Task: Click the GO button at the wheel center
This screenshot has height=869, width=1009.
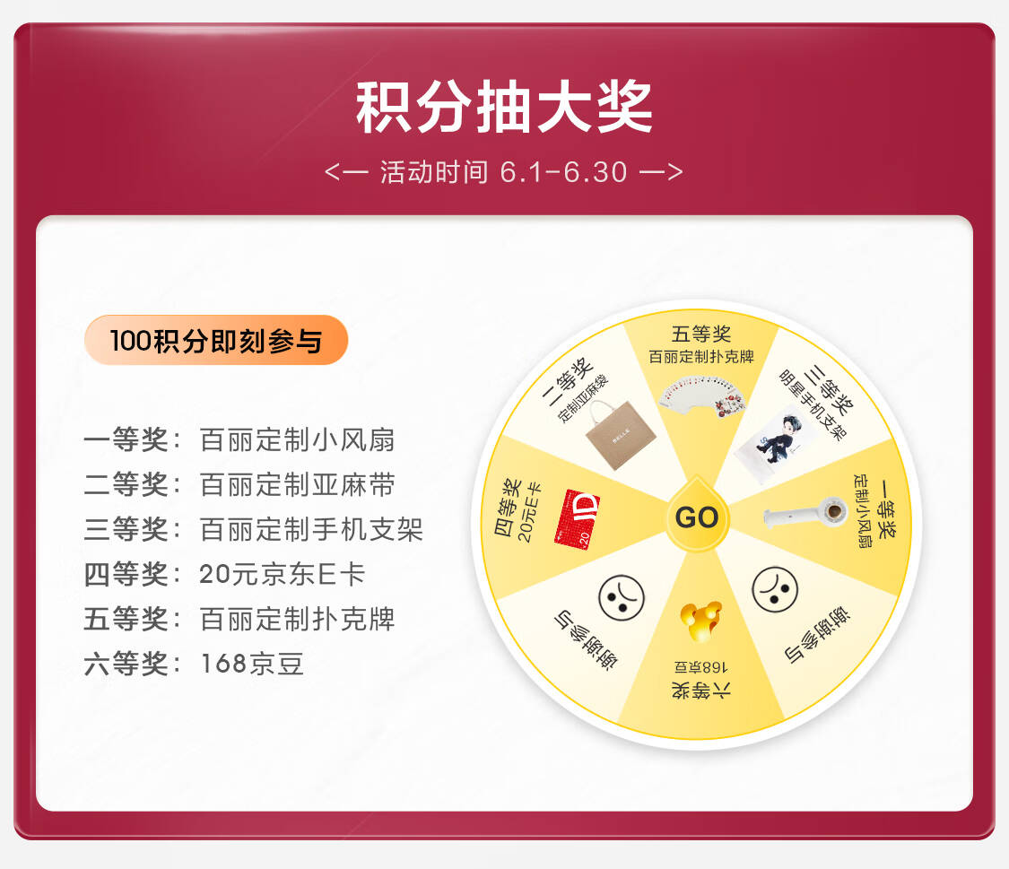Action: click(697, 516)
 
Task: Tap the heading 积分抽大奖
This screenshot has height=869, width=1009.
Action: click(504, 108)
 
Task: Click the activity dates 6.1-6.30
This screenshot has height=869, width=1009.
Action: click(563, 172)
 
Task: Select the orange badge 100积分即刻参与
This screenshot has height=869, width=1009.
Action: click(216, 340)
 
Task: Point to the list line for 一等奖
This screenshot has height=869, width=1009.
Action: click(239, 440)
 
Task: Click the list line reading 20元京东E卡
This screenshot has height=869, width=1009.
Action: click(224, 574)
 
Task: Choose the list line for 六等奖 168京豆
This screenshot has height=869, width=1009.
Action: click(194, 663)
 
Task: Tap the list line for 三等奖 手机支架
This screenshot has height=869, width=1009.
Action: click(253, 529)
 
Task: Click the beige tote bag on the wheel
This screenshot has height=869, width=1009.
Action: click(621, 435)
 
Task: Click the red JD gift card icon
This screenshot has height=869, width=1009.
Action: click(577, 518)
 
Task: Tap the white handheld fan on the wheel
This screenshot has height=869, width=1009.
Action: click(805, 513)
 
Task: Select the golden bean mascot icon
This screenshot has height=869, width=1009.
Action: click(700, 621)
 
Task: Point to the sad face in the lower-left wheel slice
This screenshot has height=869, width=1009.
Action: click(621, 597)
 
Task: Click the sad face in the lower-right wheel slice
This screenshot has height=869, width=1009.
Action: click(775, 589)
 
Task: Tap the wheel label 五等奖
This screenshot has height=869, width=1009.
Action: click(700, 334)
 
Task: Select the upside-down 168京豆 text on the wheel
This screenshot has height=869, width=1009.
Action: click(700, 667)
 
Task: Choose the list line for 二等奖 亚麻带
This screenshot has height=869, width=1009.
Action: click(239, 484)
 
